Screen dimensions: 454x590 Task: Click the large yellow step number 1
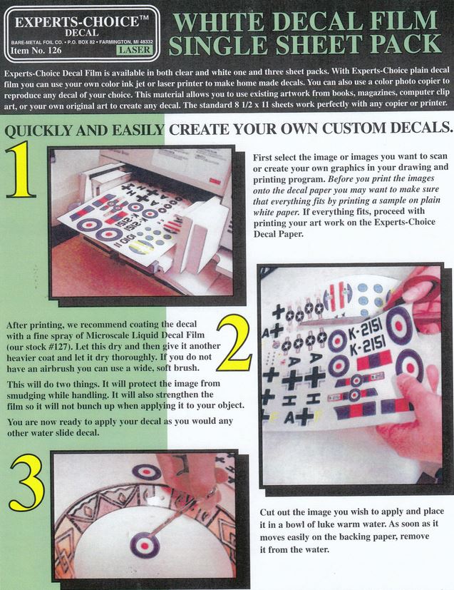coord(21,169)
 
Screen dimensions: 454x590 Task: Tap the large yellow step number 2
coord(234,343)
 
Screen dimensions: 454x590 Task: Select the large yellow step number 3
coord(27,482)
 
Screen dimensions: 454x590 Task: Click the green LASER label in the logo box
coord(135,50)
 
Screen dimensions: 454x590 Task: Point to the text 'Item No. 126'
coord(36,50)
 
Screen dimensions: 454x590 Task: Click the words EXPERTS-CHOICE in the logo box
coord(77,22)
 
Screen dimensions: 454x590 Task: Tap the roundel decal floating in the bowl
coord(145,544)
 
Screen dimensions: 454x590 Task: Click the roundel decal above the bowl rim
coord(147,472)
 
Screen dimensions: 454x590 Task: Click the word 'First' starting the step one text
coord(263,157)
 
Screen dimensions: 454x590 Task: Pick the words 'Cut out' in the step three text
coord(275,512)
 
